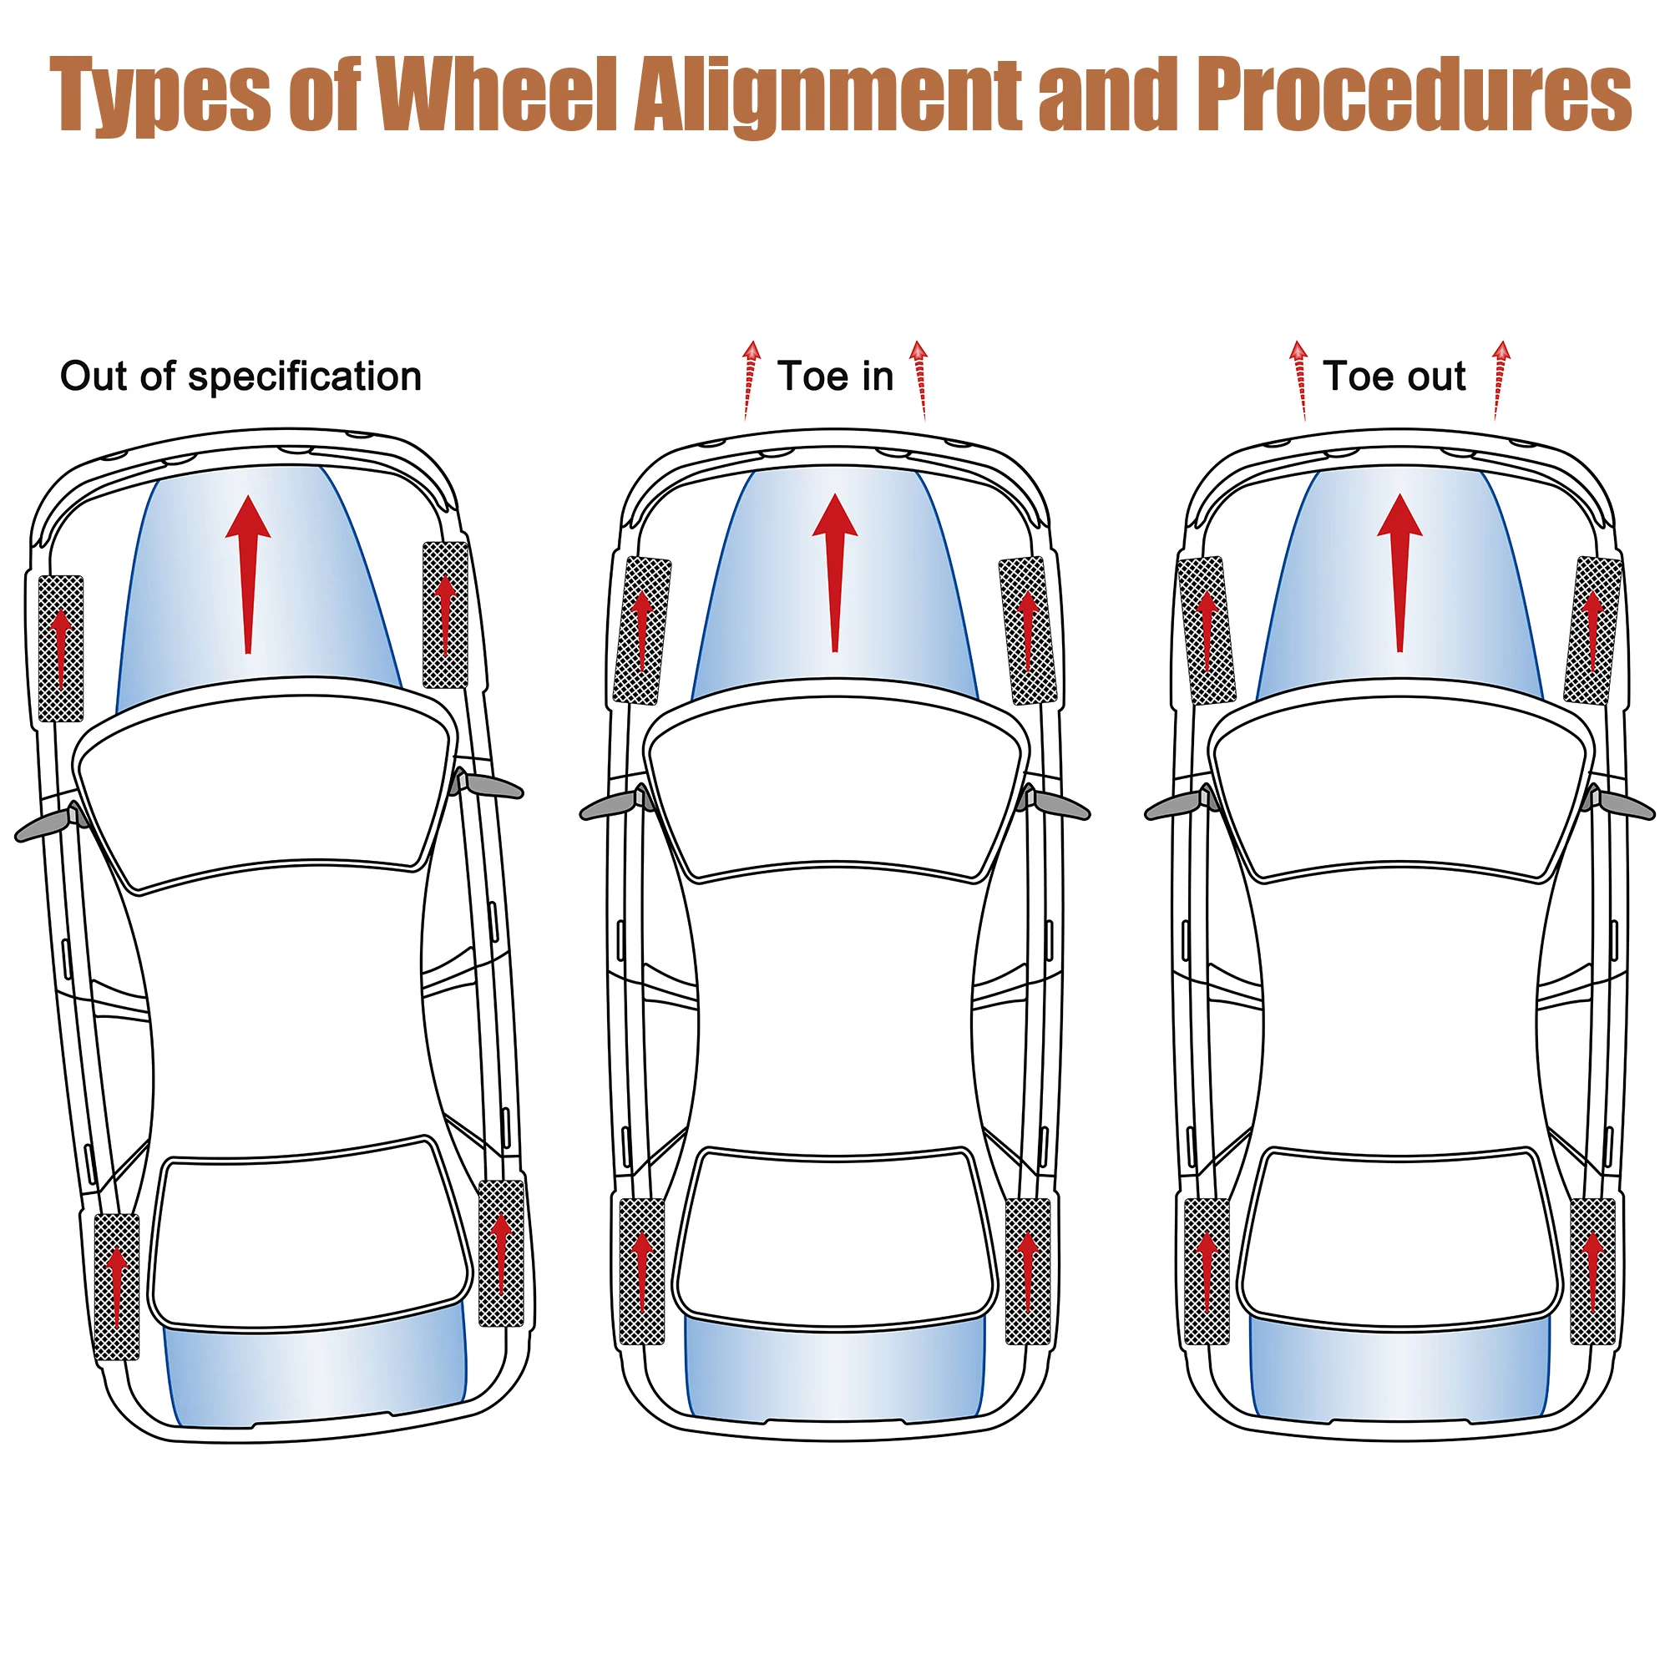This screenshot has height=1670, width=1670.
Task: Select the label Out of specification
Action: click(x=240, y=377)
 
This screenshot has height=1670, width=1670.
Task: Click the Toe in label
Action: click(x=835, y=377)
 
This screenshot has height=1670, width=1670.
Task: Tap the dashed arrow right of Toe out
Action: click(x=1500, y=380)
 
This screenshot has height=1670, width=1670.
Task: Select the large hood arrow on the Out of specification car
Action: click(x=248, y=574)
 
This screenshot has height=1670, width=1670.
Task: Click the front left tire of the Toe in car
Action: click(x=642, y=630)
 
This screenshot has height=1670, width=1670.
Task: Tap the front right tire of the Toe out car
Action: click(x=1592, y=630)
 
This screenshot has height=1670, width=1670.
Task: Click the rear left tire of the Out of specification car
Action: click(x=116, y=1287)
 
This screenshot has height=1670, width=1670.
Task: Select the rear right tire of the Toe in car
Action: click(x=1028, y=1272)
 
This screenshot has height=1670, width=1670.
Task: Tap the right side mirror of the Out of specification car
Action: click(x=488, y=785)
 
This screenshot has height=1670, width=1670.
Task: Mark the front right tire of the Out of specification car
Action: click(x=445, y=615)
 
